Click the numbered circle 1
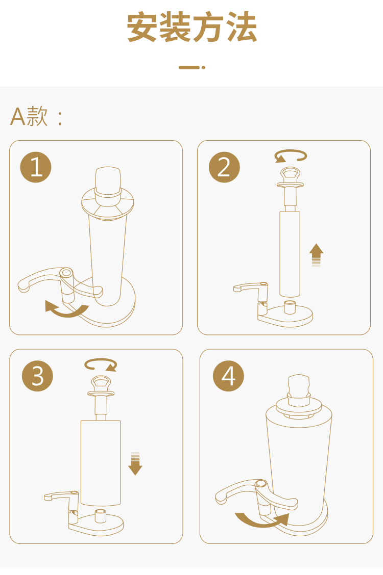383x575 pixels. [36, 167]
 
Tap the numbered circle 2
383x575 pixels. [224, 167]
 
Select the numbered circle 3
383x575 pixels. [37, 376]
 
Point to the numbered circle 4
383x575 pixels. [228, 376]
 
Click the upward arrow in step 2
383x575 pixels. [316, 254]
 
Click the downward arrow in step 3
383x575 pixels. [135, 464]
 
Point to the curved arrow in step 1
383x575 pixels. [66, 313]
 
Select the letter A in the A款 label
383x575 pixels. [18, 117]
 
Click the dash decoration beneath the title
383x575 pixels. [192, 67]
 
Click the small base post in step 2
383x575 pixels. [290, 307]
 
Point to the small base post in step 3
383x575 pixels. [101, 516]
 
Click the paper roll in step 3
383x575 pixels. [101, 463]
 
